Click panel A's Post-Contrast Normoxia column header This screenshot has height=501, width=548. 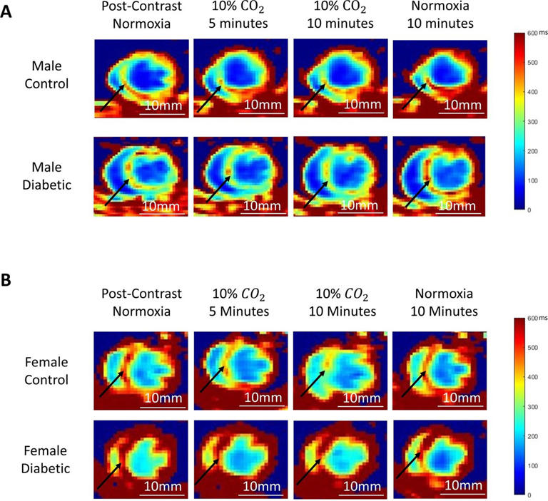[x=142, y=16]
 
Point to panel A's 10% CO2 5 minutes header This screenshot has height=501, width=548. [x=240, y=16]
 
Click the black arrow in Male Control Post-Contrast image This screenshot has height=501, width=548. [x=112, y=97]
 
